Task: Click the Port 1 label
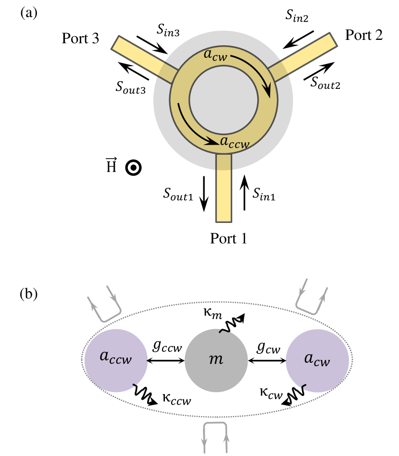[228, 238]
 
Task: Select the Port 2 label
[363, 35]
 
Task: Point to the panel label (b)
[28, 292]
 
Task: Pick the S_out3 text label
[131, 86]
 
